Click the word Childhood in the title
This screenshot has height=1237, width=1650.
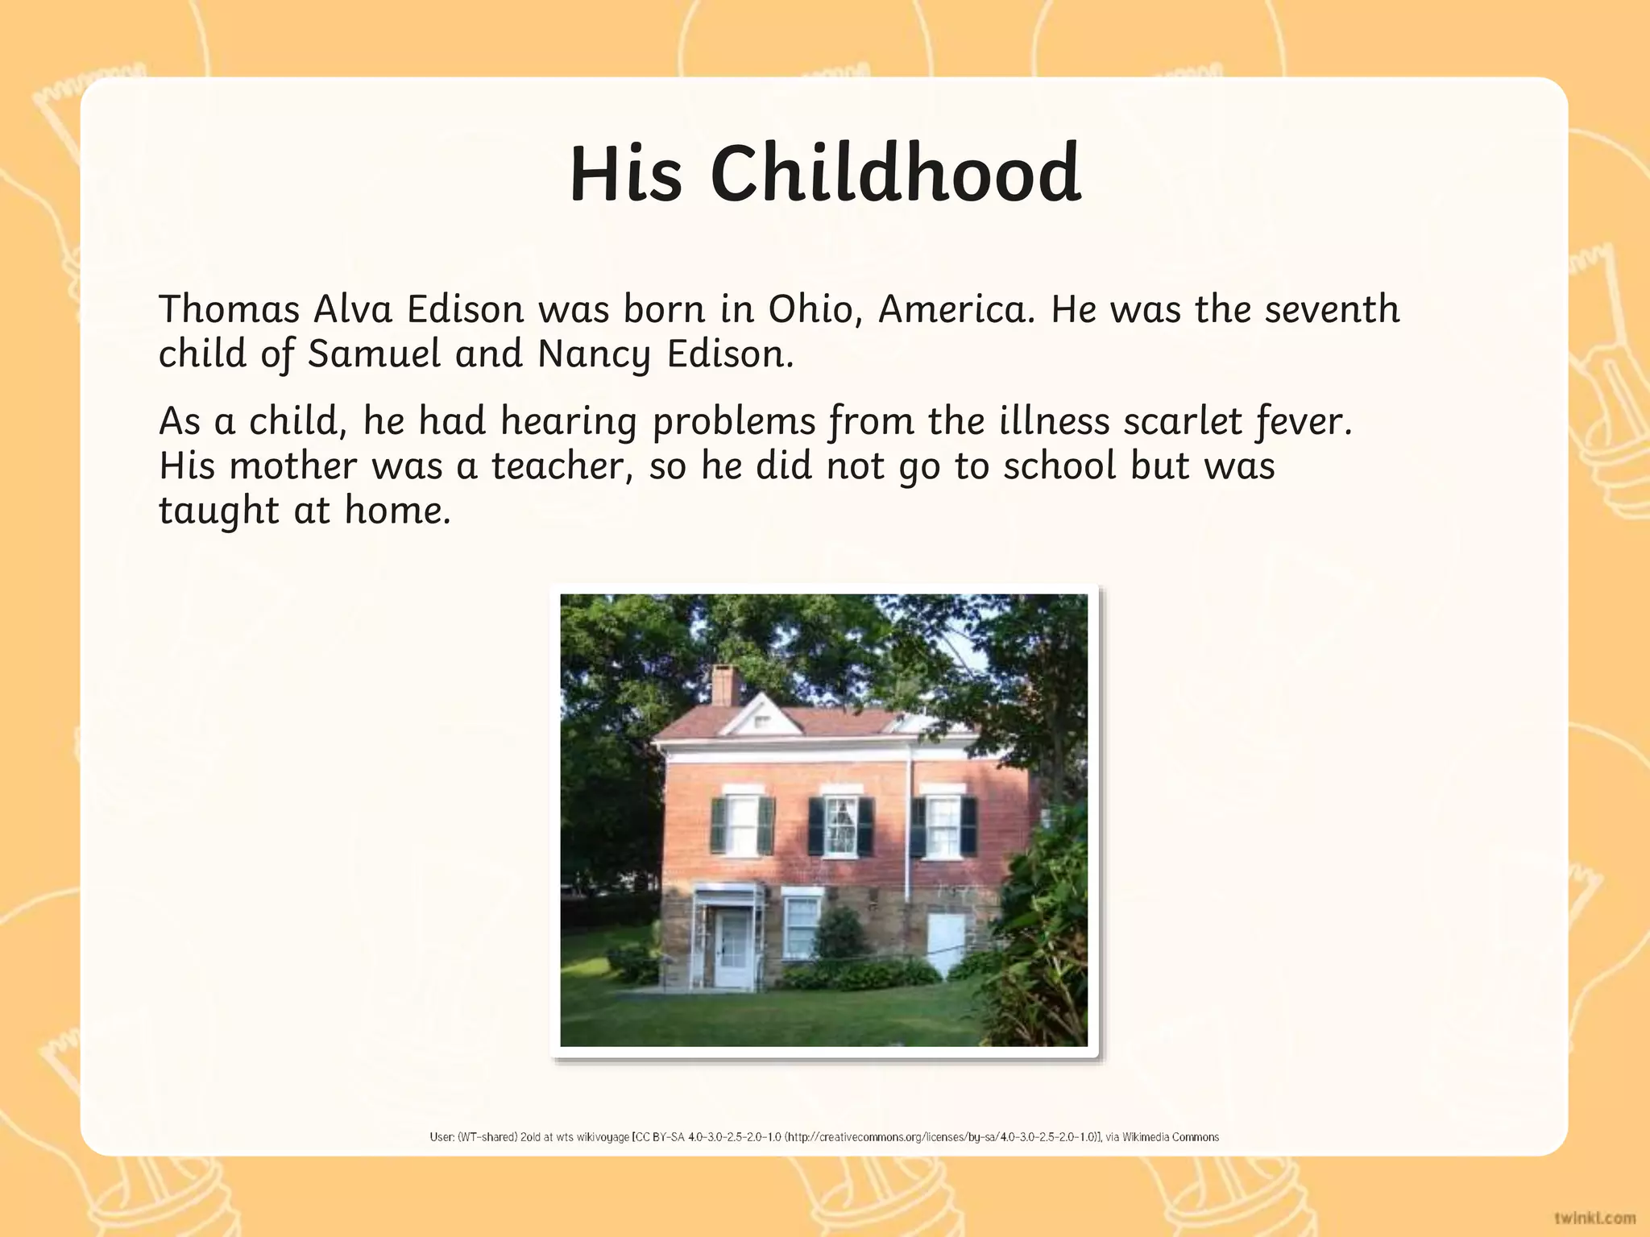[895, 174]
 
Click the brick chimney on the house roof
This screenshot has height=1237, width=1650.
[725, 685]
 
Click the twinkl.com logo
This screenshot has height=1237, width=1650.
[1594, 1217]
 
